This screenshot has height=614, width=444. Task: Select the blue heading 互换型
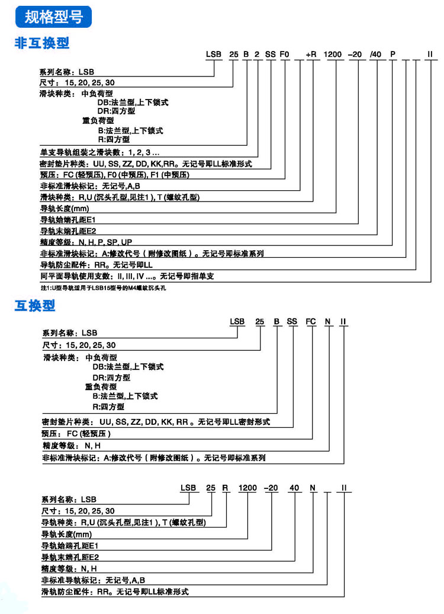(x=35, y=305)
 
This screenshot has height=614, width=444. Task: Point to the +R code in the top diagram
(x=312, y=55)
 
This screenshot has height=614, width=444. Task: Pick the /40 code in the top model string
(x=375, y=55)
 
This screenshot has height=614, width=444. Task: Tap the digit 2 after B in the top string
(x=258, y=55)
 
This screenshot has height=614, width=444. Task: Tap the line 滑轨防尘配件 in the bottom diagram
(x=115, y=592)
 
